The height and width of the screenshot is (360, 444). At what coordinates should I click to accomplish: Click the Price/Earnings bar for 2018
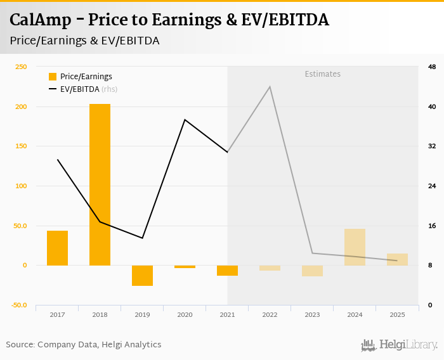pos(100,184)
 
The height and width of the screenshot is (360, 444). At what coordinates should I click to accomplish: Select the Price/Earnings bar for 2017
pos(57,248)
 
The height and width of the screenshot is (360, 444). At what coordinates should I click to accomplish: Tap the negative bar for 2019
pos(142,276)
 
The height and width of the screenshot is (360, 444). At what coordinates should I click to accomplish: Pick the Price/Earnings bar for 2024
pos(355,247)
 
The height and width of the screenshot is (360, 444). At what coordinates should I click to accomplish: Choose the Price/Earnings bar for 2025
pos(397,259)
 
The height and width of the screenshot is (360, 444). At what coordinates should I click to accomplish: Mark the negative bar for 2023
pos(312,271)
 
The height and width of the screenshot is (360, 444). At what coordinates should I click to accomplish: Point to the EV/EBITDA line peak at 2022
pos(270,87)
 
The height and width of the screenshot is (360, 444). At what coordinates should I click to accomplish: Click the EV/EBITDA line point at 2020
pos(185,120)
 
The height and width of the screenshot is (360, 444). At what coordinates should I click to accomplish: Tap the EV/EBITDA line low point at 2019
pos(142,238)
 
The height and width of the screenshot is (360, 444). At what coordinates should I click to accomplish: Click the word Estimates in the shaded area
pos(322,74)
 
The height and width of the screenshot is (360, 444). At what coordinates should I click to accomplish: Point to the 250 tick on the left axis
pos(21,67)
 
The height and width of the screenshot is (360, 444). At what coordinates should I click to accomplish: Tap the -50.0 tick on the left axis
pos(18,305)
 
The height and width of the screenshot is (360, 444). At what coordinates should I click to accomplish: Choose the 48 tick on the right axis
pos(432,67)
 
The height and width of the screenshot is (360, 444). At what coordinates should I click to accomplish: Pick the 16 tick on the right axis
pos(432,226)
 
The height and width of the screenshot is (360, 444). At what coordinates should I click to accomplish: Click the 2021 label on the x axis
pos(227,314)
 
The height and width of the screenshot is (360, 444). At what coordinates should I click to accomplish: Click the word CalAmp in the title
pos(39,20)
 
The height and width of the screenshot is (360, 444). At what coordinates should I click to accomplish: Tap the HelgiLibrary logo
pos(399,345)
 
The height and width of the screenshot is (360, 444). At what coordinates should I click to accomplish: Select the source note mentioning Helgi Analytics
pos(84,345)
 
